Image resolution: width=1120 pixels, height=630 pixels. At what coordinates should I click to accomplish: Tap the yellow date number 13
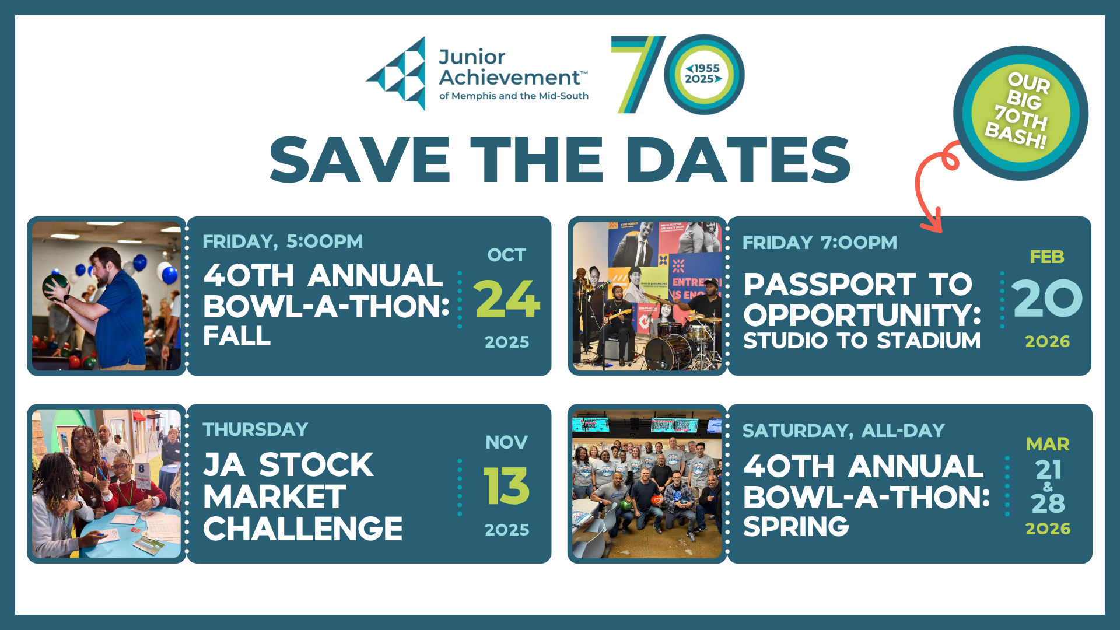[506, 486]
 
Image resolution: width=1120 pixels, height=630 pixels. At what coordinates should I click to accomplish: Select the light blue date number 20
[1048, 298]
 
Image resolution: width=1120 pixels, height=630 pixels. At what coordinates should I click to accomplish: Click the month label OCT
[506, 255]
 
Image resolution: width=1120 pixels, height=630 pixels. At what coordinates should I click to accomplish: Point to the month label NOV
[506, 442]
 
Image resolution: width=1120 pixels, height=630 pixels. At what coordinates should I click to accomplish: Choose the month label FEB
[1047, 257]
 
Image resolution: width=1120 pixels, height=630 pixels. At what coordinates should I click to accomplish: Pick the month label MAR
[1048, 444]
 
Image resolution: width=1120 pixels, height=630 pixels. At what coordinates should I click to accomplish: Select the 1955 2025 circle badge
[703, 74]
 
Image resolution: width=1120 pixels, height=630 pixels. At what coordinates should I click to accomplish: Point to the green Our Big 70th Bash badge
[1021, 113]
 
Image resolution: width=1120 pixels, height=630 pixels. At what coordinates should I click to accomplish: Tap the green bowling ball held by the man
[56, 287]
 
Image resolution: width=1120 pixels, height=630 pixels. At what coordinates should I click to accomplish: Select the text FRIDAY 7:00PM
[820, 243]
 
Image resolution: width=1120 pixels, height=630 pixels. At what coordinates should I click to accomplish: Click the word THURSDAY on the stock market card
[256, 429]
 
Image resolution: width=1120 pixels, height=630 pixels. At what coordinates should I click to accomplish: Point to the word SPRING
[796, 527]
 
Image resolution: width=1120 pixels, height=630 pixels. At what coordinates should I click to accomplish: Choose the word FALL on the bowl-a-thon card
[237, 336]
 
